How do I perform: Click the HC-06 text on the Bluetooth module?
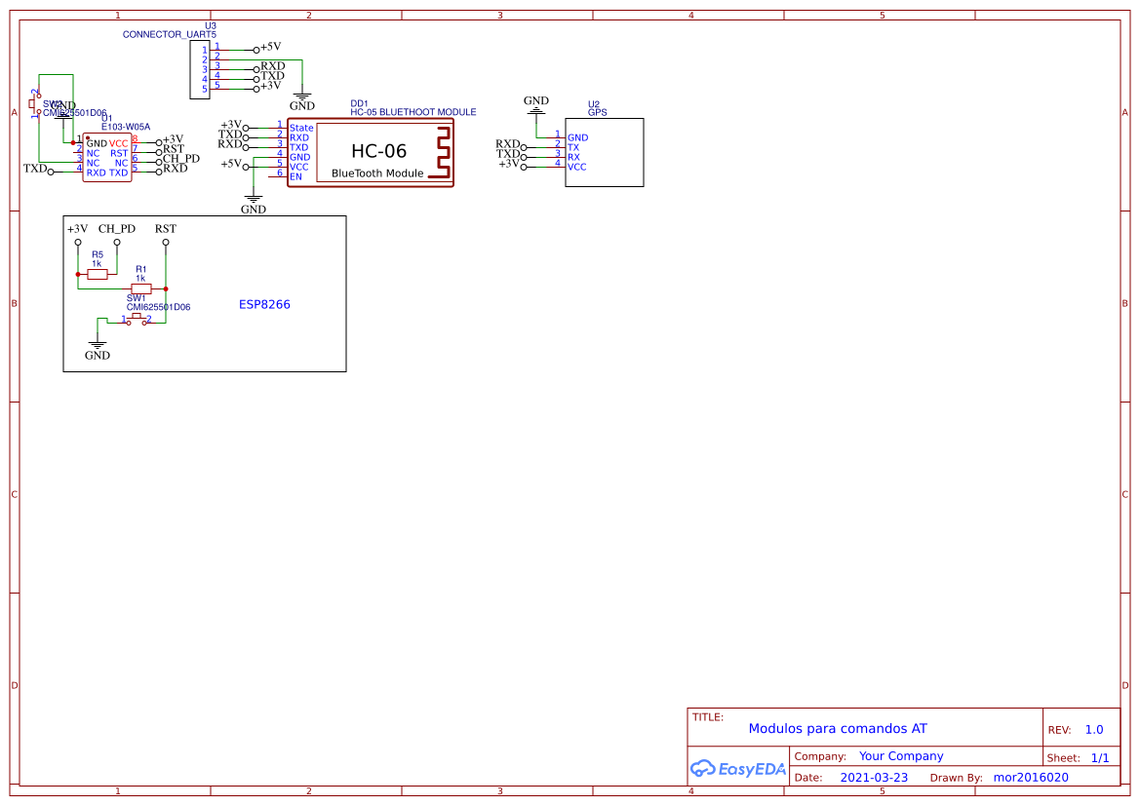coord(378,151)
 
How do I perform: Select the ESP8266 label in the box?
coord(264,304)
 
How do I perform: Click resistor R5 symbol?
coord(98,275)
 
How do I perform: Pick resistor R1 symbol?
coord(140,288)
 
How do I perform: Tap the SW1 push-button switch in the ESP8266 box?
coord(137,319)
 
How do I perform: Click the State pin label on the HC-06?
coord(301,128)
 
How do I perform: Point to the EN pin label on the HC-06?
coord(295,176)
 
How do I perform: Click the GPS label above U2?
coord(597,112)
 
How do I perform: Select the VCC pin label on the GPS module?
coord(577,167)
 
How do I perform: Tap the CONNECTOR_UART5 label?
coord(170,34)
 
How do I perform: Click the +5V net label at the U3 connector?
coord(270,47)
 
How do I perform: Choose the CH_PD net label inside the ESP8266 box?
coord(117,229)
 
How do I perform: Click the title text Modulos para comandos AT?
coord(838,728)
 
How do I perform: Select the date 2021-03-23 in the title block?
coord(874,778)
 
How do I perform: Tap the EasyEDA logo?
coord(737,768)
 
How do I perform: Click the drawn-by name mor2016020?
coord(1031,778)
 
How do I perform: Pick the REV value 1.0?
coord(1094,729)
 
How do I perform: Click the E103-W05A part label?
coord(126,127)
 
